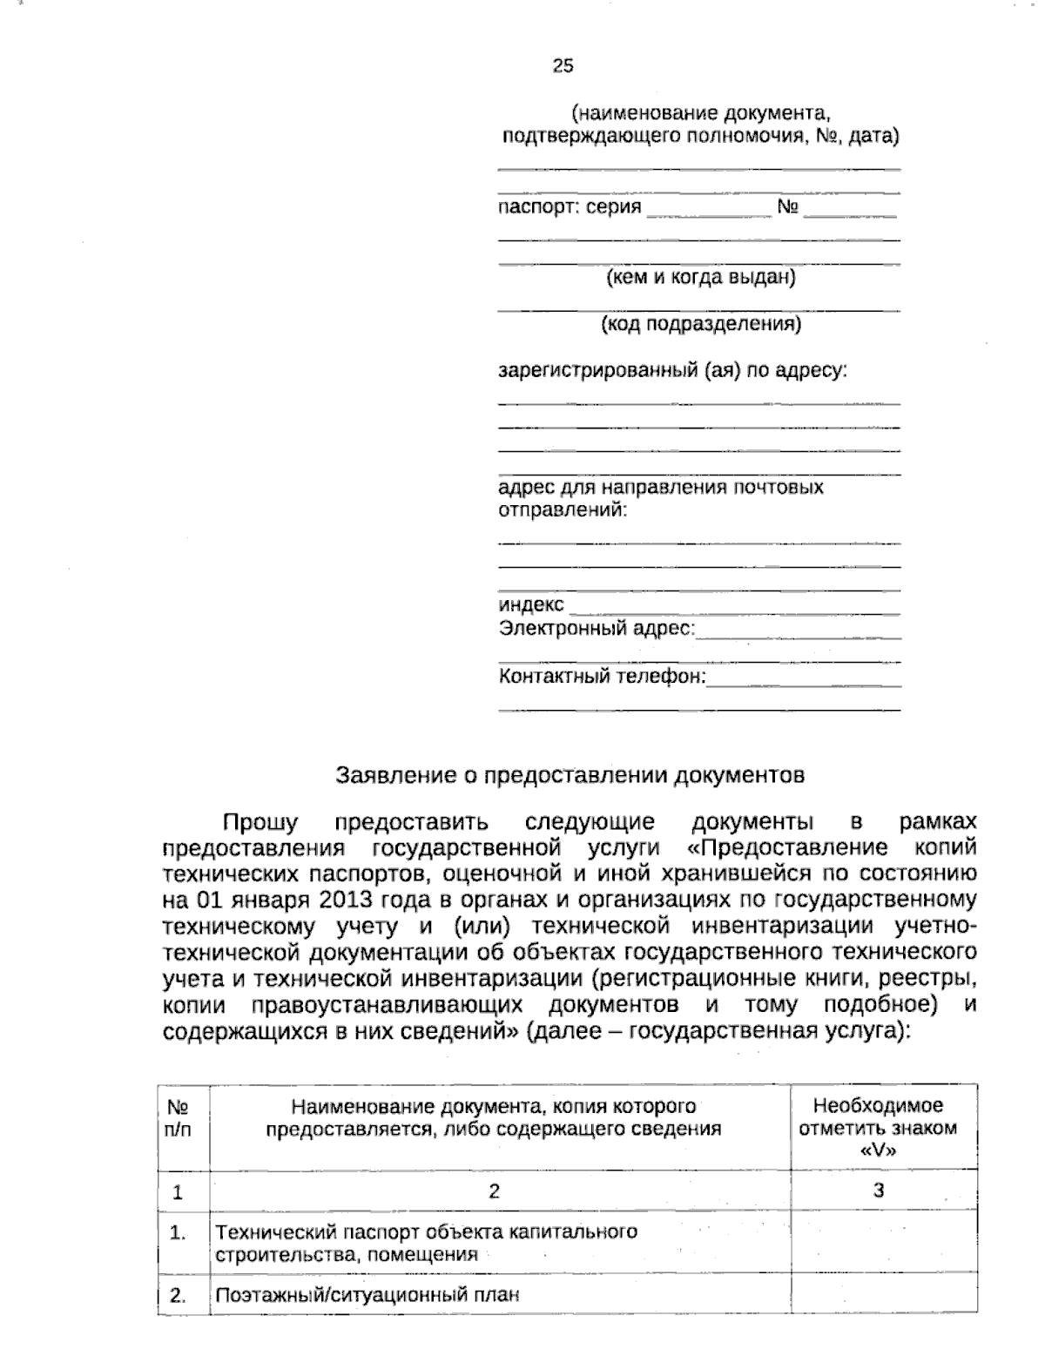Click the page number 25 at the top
pos(563,65)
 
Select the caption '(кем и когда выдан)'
pos(700,278)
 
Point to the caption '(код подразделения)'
pos(700,325)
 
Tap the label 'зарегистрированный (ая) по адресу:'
pos(672,370)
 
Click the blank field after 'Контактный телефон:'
pos(803,683)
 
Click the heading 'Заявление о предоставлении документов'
pos(570,774)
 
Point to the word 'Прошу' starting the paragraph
pos(260,822)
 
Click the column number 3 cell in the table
pos(879,1191)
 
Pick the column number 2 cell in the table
pos(494,1191)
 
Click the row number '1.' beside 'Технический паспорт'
pos(179,1232)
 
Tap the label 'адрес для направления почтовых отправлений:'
pos(660,497)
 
